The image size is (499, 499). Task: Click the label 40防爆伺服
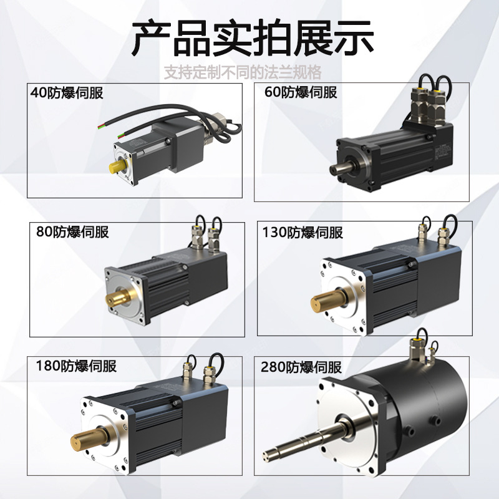click(67, 94)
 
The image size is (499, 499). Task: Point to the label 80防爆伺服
click(72, 232)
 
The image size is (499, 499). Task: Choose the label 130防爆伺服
click(303, 232)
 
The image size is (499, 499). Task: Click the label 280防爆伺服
click(303, 366)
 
